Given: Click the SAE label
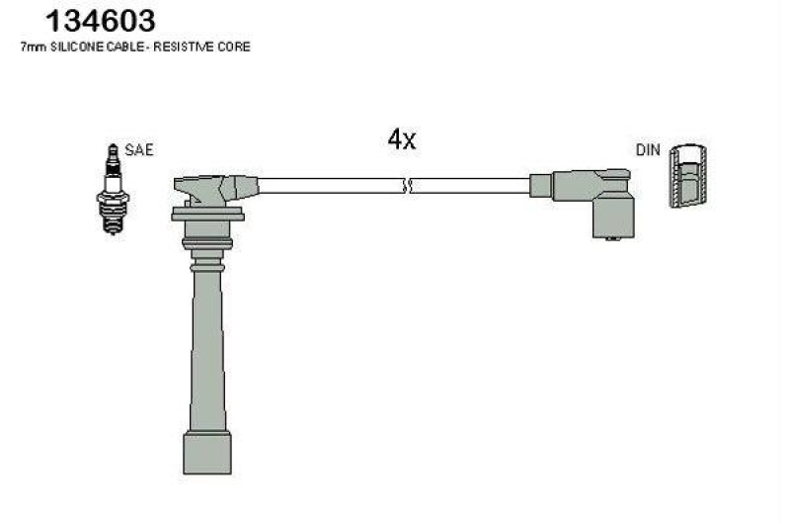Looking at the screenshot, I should click(140, 150).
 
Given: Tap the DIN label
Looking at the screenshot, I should click(647, 150).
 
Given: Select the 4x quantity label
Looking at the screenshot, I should click(402, 139).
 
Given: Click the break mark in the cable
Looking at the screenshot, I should click(408, 186).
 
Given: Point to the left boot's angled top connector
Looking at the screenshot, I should click(212, 187).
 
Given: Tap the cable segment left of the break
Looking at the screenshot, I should click(331, 186).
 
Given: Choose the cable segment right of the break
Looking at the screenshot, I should click(471, 186).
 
